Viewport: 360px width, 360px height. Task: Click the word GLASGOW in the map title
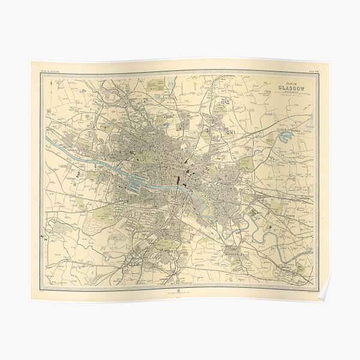[292, 91]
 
